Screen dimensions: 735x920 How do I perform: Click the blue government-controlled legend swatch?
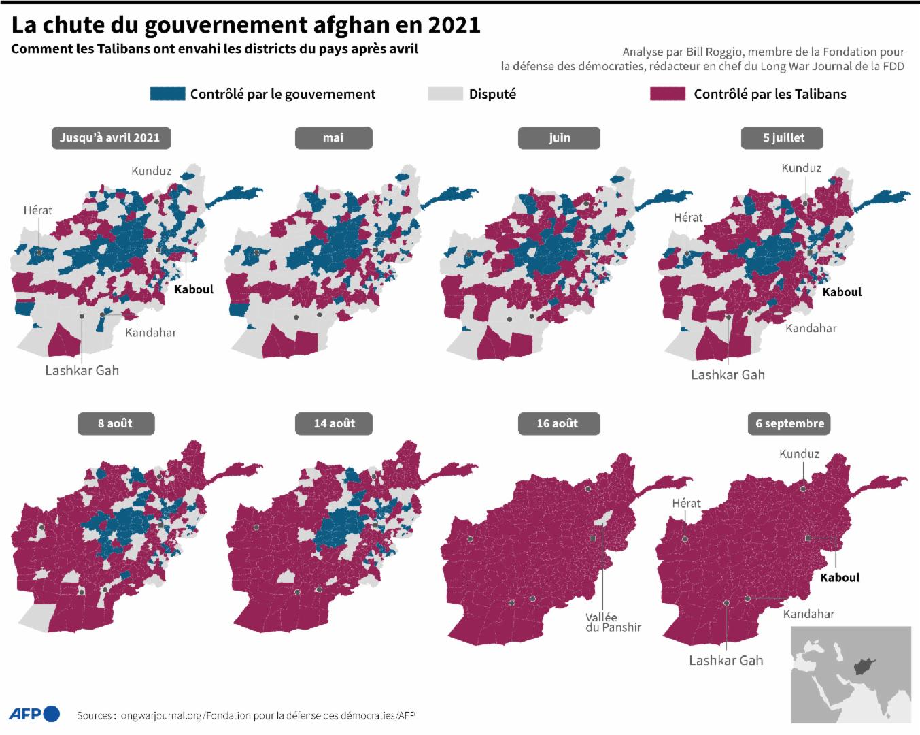(167, 94)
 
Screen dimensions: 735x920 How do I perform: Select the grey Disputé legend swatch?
(445, 94)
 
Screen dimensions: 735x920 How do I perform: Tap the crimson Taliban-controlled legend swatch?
(667, 94)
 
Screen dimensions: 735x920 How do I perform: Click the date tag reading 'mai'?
(333, 137)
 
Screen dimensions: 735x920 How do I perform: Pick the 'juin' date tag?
(559, 137)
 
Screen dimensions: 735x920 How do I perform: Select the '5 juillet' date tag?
(783, 137)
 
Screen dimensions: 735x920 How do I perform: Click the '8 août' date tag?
(115, 423)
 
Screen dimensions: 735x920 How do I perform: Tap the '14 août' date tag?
(334, 423)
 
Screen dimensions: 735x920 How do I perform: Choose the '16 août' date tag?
(558, 423)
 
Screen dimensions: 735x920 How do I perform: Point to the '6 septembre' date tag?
(789, 423)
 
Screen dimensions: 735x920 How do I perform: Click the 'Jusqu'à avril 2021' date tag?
(109, 137)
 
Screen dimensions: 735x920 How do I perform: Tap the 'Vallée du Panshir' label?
(613, 622)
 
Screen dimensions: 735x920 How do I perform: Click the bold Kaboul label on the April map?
(194, 289)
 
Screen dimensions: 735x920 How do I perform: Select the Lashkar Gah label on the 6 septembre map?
(726, 660)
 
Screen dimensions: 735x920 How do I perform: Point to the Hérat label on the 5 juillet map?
(688, 218)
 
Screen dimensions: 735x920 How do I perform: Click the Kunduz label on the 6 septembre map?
(800, 454)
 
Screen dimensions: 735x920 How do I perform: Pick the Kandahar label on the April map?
(150, 333)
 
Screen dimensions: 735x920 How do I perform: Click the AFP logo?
(34, 714)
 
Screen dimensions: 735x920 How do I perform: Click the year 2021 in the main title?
(454, 24)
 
